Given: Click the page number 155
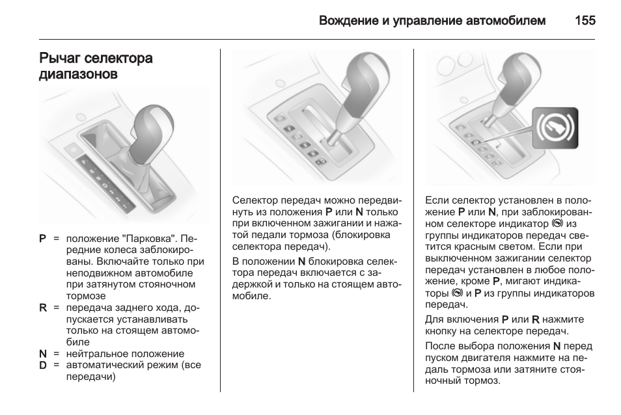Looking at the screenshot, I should [585, 21].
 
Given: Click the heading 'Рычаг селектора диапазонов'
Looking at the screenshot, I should [96, 66].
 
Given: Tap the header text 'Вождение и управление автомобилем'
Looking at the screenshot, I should [432, 21].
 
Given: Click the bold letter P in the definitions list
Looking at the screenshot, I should [42, 239].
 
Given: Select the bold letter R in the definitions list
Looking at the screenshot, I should [42, 308].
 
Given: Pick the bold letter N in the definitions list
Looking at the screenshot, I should [42, 354].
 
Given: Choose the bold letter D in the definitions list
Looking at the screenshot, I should [42, 366].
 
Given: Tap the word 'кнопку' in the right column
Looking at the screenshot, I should [442, 331].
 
